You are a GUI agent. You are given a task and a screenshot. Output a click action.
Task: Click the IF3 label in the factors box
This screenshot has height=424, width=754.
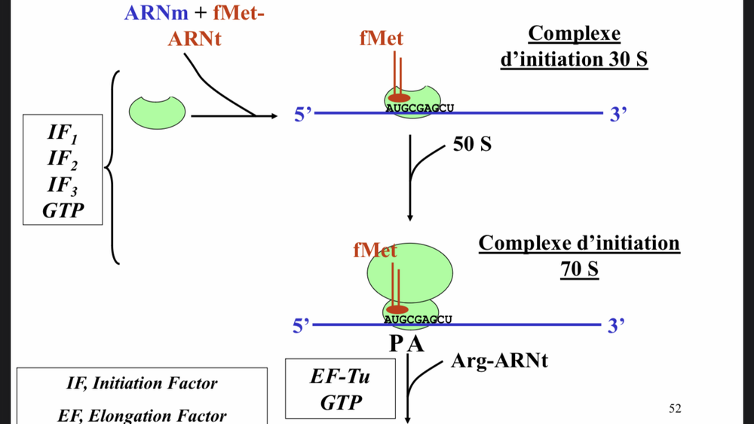click(x=63, y=185)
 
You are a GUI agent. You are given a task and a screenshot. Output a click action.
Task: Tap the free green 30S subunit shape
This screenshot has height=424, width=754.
click(x=157, y=112)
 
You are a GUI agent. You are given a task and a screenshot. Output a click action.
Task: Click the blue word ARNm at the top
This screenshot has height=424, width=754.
click(x=157, y=13)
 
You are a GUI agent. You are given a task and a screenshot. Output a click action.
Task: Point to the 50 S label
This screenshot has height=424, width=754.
click(x=472, y=143)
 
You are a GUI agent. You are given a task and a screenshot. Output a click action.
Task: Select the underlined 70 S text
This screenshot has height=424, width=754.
click(x=579, y=268)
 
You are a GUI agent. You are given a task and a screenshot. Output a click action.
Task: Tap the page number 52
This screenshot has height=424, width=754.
click(x=675, y=408)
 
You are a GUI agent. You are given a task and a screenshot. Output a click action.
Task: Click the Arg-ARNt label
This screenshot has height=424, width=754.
click(x=499, y=361)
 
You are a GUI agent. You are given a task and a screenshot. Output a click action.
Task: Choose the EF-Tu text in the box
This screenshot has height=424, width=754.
click(x=340, y=376)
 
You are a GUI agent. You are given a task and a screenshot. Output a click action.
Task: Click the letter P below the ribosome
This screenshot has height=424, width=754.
click(x=397, y=345)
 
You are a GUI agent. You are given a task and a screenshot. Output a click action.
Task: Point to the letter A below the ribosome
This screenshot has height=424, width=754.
click(x=415, y=345)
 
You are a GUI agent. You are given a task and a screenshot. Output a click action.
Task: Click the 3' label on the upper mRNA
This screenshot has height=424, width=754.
click(x=618, y=115)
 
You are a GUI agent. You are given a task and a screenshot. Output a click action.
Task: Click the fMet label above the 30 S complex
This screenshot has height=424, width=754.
click(x=381, y=38)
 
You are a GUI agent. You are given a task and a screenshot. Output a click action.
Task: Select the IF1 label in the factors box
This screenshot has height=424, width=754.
click(x=62, y=134)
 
